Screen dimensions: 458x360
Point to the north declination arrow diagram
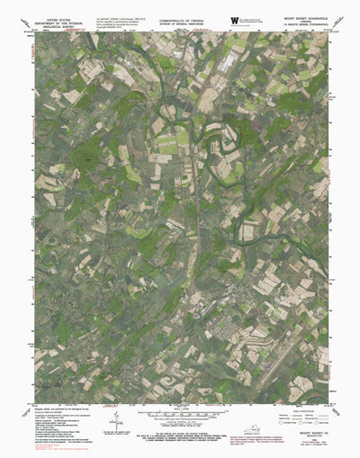[x=118, y=424]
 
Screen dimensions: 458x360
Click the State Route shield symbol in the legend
[x=314, y=421]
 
